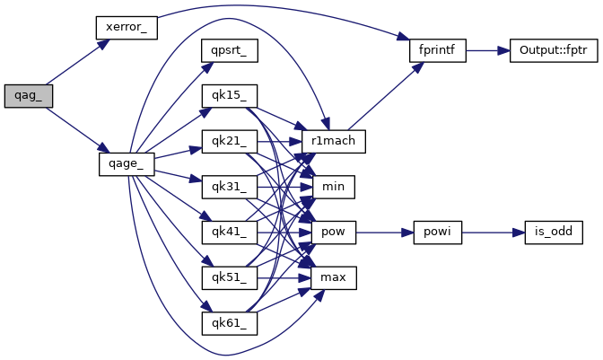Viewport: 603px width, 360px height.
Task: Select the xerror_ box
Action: point(127,27)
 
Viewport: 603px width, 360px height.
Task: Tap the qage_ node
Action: point(127,164)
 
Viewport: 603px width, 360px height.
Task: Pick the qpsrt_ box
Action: point(230,50)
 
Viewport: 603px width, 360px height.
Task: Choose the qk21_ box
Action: point(230,142)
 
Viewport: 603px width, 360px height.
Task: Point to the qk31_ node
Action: point(230,188)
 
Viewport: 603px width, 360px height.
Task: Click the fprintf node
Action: point(437,50)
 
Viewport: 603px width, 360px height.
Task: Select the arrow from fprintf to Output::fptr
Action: point(486,50)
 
